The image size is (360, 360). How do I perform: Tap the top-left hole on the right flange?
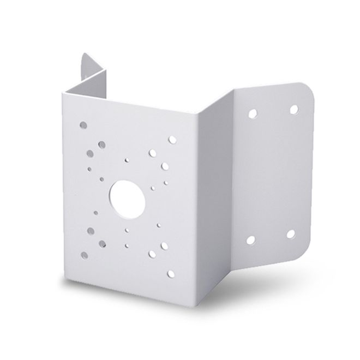[252, 114]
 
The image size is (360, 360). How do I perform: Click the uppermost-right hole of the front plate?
[172, 140]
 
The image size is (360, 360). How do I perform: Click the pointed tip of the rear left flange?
[83, 53]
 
